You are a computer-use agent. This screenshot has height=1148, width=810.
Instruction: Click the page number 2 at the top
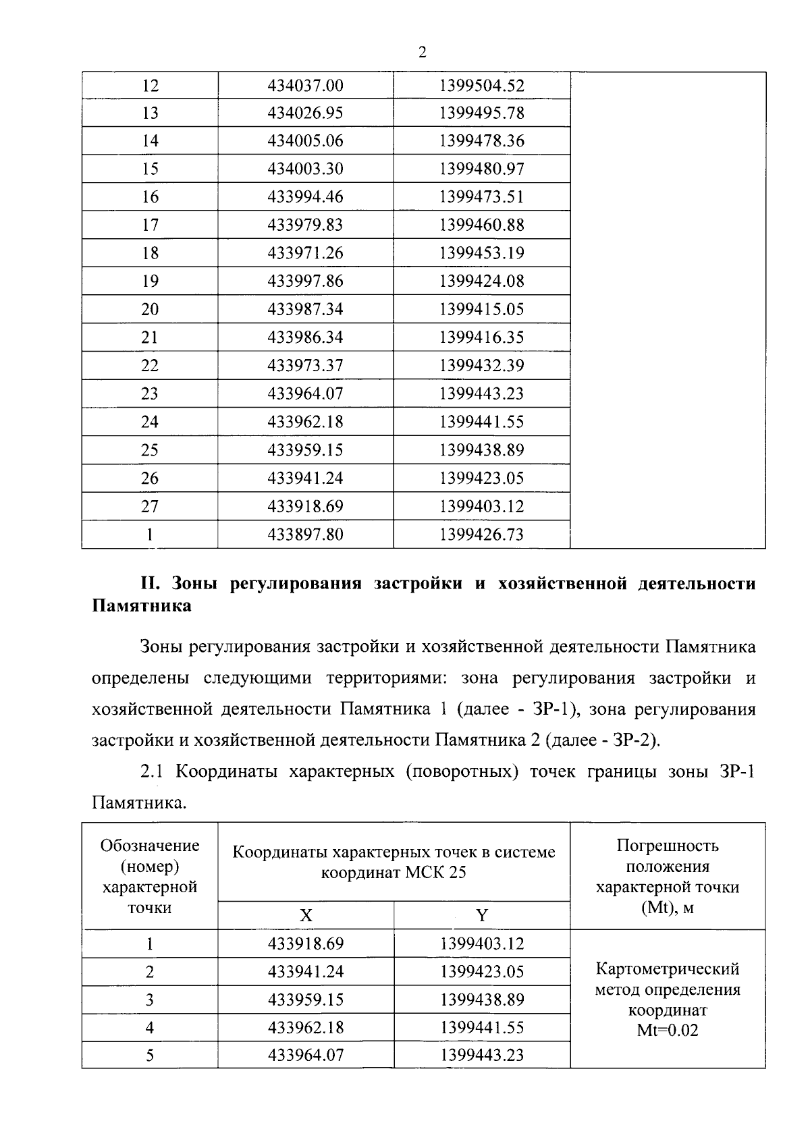423,53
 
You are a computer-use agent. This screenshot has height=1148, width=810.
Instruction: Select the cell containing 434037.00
305,86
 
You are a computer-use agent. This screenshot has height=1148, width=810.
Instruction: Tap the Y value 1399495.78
481,113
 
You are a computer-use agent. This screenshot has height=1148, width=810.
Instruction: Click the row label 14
150,141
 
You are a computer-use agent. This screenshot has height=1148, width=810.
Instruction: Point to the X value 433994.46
305,197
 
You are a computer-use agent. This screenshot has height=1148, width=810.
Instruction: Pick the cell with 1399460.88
481,225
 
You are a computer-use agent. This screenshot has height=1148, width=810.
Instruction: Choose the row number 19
150,281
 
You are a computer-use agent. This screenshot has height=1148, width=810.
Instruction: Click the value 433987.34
305,309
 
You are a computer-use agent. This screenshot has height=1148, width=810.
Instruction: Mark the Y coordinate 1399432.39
481,366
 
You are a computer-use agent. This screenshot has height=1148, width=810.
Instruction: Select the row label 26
150,479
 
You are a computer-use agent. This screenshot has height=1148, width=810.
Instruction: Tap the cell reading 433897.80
305,535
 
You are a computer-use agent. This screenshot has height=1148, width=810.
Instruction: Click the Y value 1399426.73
481,535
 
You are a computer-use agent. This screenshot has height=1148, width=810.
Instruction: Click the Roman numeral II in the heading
148,584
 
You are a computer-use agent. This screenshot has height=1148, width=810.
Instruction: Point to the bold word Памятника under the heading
141,605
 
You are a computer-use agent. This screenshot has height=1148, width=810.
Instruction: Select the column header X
306,916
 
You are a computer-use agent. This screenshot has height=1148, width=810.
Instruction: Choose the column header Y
481,916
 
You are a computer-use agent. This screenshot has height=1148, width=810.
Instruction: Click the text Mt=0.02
667,1031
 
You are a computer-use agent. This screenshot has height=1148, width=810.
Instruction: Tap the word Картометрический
667,969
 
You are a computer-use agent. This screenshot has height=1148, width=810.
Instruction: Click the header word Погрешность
667,846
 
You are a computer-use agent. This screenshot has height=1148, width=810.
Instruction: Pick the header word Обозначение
150,846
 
